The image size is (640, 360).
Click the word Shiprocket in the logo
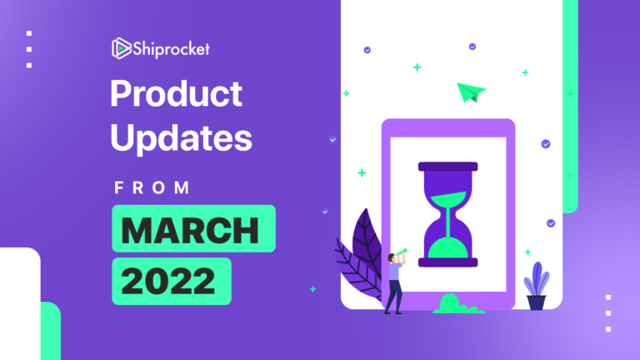click(x=173, y=49)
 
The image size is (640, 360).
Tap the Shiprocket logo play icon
click(x=121, y=49)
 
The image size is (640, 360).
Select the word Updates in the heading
click(x=181, y=138)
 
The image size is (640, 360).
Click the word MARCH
click(x=193, y=228)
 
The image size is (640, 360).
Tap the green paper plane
click(x=471, y=92)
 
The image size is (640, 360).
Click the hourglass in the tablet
click(x=448, y=214)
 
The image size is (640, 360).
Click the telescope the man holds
click(x=402, y=251)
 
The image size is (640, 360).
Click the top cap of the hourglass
click(x=448, y=167)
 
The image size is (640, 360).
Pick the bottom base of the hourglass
click(x=448, y=262)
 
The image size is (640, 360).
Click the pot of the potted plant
click(x=536, y=302)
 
